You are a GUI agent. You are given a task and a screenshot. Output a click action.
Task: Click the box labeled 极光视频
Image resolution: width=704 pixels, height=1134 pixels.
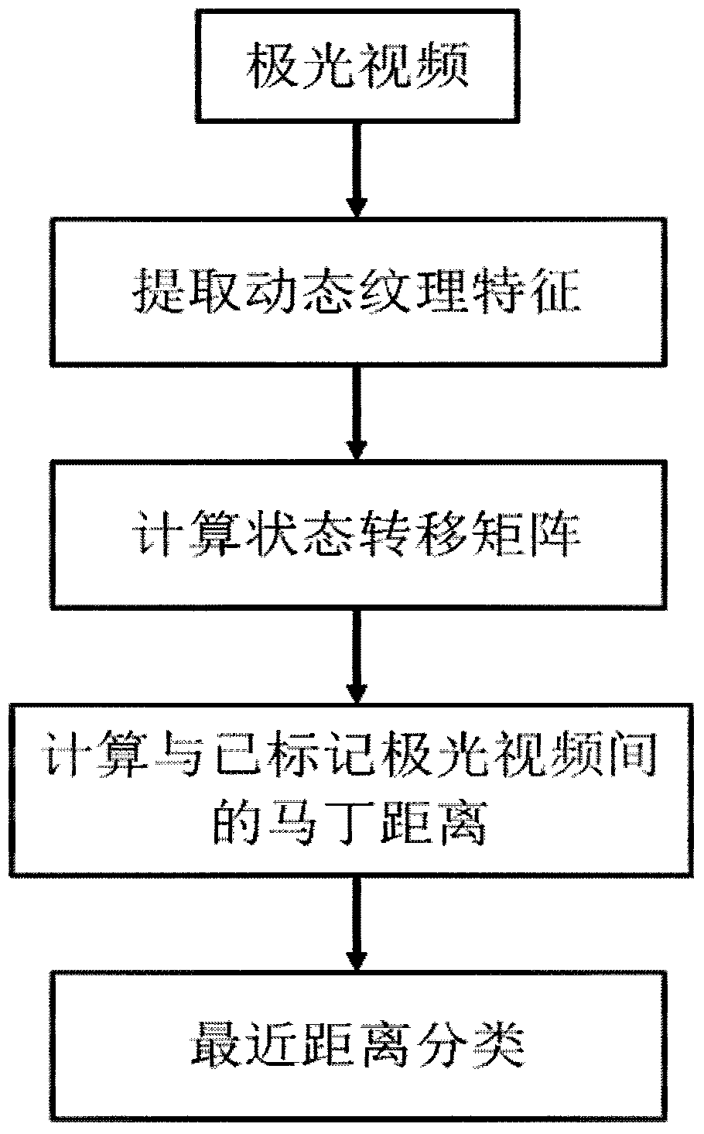click(x=357, y=66)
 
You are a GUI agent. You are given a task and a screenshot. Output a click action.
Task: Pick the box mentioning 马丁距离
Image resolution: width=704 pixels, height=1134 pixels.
click(x=357, y=790)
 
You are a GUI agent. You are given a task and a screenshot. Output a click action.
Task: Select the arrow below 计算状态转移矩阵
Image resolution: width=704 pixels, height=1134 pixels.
click(x=355, y=655)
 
